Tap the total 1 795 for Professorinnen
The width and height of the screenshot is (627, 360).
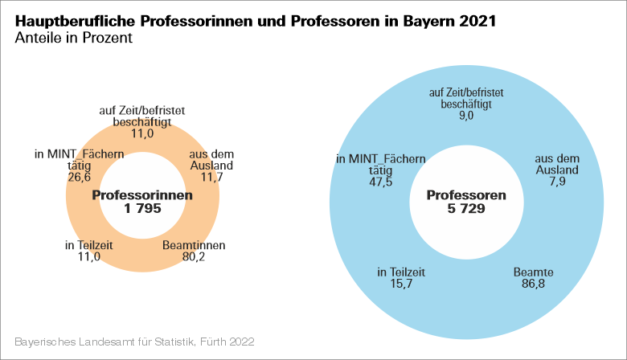[x=143, y=208]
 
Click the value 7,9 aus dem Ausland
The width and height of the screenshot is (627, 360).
[x=557, y=182]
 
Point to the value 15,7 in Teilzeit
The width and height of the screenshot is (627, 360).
[x=401, y=285]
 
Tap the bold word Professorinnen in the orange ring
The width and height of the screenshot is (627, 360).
[x=143, y=195]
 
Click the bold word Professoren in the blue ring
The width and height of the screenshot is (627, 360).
[x=466, y=195]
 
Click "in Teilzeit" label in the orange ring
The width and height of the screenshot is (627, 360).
[x=89, y=246]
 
